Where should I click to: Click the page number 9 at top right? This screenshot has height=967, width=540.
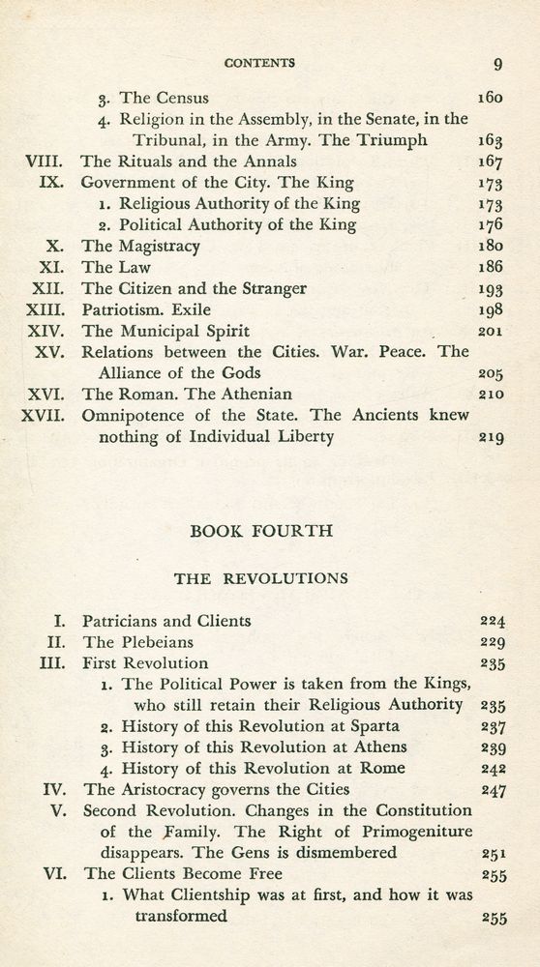point(497,65)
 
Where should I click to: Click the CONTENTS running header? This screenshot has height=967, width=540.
point(259,64)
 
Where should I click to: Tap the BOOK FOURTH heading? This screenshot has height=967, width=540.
point(260,531)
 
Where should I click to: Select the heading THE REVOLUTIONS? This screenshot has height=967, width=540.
point(260,578)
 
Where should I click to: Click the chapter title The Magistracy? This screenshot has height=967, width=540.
point(140,246)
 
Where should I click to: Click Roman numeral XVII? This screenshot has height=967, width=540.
point(44,416)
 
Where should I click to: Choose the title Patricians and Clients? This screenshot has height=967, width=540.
point(166,621)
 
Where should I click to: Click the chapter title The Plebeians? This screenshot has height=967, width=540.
point(137,642)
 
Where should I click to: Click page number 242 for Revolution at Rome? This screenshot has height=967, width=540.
point(493,769)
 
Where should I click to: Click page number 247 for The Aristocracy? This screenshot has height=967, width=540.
point(493,790)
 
